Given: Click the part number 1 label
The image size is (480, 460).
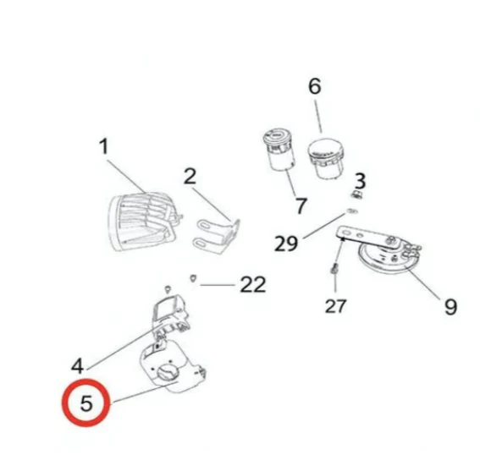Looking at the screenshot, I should (103, 147).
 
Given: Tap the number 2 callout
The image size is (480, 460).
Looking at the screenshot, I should (190, 176).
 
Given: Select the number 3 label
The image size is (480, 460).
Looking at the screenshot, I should (359, 180).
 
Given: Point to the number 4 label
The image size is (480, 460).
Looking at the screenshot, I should (77, 366).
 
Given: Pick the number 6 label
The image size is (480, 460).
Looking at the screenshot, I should (314, 86).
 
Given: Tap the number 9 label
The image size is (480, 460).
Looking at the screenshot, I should (450, 305).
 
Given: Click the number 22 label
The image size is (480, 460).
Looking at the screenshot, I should (252, 285).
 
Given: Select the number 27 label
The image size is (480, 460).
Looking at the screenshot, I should (336, 305).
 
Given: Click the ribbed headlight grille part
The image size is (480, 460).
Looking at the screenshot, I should (143, 218).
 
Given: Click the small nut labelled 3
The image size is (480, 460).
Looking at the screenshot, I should (358, 196).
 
